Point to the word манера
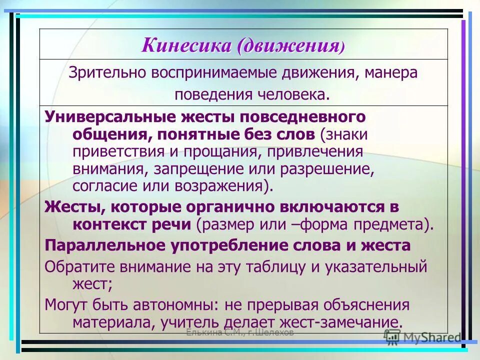(390, 73)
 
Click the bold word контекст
(106, 224)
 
